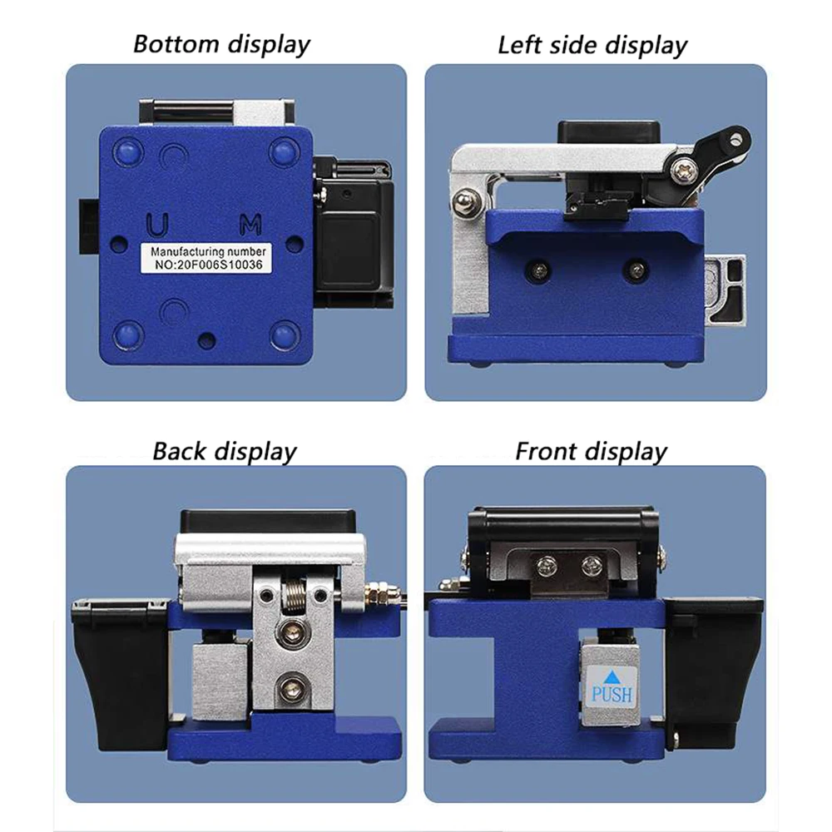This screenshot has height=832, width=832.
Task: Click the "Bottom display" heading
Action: click(221, 43)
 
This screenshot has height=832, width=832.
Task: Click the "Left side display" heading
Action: click(592, 45)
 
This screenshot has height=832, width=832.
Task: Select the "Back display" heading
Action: click(224, 452)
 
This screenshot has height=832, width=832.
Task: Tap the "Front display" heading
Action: click(591, 452)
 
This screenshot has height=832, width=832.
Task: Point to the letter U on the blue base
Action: click(156, 224)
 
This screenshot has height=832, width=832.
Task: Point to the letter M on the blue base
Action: click(250, 224)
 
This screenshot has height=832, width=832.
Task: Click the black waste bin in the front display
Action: click(713, 666)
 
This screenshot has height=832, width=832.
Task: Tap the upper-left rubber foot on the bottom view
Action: click(129, 151)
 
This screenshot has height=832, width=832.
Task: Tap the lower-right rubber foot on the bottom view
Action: click(284, 334)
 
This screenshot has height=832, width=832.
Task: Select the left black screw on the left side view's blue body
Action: click(541, 270)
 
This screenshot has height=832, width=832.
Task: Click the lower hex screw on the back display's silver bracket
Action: click(290, 687)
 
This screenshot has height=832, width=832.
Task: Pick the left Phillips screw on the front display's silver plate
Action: click(547, 567)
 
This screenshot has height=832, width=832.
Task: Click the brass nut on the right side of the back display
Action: click(379, 594)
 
